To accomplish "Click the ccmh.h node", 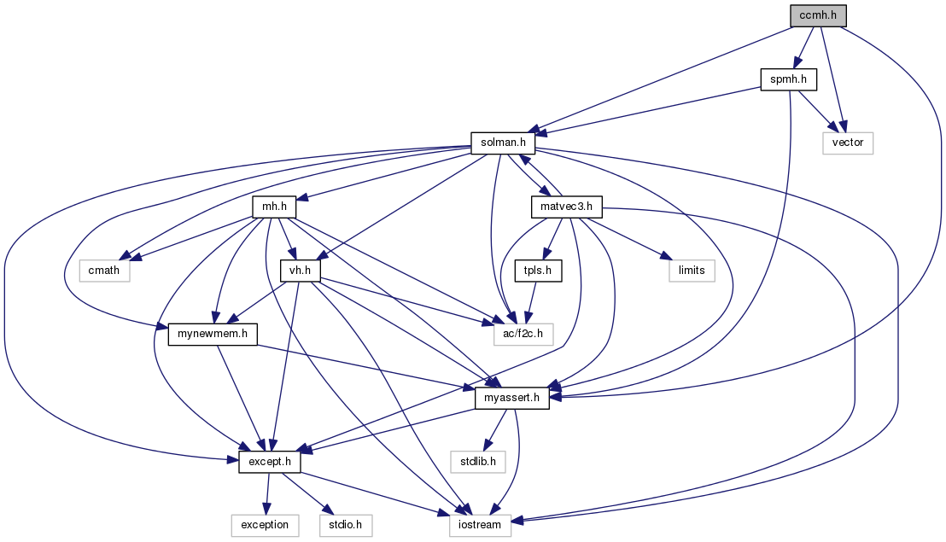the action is coord(818,15).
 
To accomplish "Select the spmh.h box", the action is coord(789,79).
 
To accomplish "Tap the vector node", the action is coord(848,143).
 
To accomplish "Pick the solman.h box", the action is coord(503,143).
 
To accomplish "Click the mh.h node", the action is coord(275,207).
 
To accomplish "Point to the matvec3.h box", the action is coord(567,207).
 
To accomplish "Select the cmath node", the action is coord(104,271).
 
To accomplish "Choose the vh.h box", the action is coord(300,271).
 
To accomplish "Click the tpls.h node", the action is coord(538,271).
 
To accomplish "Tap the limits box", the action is coord(692,271).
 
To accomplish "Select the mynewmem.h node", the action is coord(213,334).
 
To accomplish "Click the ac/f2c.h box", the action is coord(523,334).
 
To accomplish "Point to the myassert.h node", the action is coord(511,398).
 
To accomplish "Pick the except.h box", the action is coord(269,462).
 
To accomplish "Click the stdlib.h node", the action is coord(478,462).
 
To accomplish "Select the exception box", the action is coord(265,525).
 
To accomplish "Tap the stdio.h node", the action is coord(346,525).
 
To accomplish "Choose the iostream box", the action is coord(480,525).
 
